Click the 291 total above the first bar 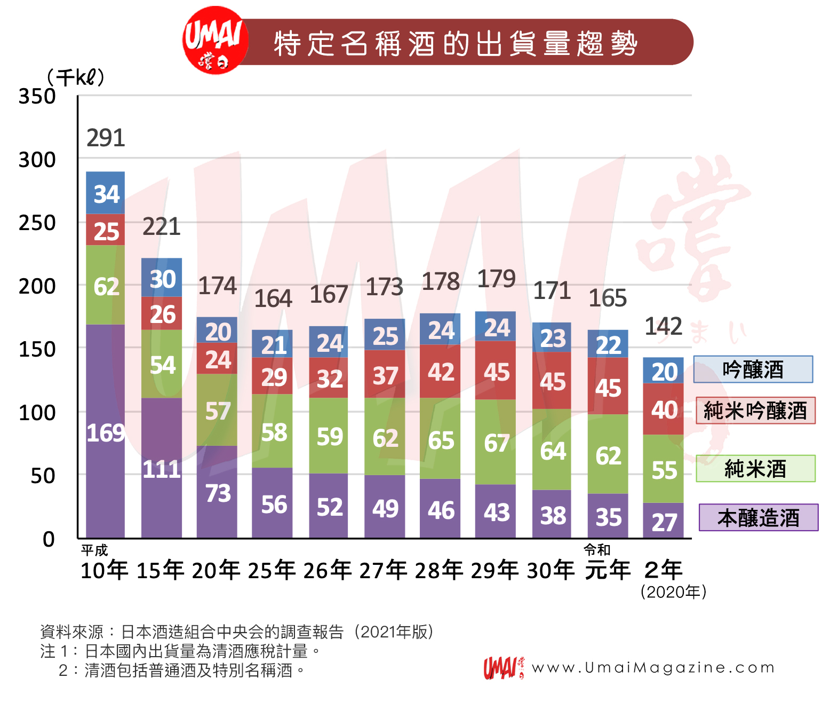[106, 138]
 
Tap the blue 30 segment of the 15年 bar [162, 278]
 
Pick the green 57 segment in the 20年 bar [217, 410]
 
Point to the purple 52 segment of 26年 [329, 506]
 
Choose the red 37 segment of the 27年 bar [385, 375]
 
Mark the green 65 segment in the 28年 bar [440, 439]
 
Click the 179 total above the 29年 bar [496, 279]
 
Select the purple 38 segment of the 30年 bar [552, 515]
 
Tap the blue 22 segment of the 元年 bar [608, 344]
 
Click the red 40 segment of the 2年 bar [664, 409]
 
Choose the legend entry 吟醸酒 [753, 369]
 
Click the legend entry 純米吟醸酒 [755, 411]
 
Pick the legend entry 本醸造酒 [758, 517]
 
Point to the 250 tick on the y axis [37, 223]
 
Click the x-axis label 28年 [439, 570]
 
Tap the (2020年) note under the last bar [673, 592]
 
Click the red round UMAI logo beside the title [215, 41]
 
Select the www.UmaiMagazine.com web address [653, 667]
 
